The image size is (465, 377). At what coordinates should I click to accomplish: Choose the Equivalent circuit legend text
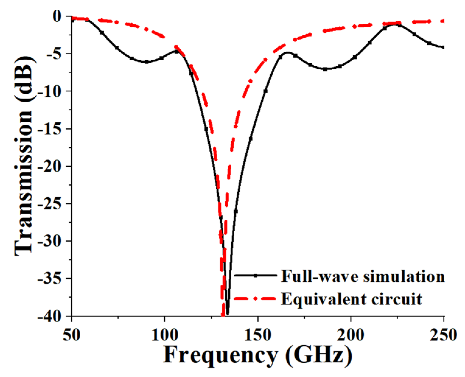(x=351, y=299)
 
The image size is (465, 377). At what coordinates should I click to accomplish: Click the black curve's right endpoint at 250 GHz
(x=443, y=47)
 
